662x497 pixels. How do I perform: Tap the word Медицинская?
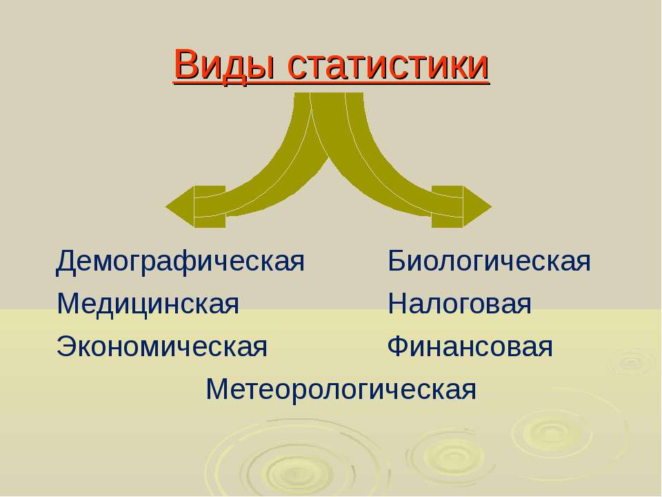(148, 304)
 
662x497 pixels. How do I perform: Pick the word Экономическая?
(162, 347)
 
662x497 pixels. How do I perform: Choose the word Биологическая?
(489, 261)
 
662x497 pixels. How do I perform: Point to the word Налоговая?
(459, 304)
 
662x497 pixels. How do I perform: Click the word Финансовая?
(470, 347)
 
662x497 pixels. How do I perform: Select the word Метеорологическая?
(341, 389)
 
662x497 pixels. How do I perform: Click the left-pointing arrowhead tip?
(165, 206)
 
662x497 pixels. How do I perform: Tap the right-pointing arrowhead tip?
(492, 206)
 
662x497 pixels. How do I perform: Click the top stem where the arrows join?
(328, 106)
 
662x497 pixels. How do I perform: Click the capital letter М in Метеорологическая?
(217, 389)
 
